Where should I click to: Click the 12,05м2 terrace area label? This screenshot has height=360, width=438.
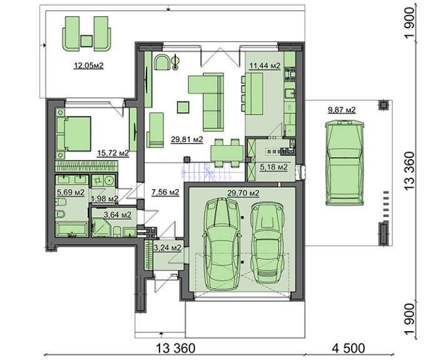pos(89,66)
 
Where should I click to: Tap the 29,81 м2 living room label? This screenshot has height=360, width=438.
pos(187,140)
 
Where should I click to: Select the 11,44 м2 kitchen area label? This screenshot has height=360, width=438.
pos(265,66)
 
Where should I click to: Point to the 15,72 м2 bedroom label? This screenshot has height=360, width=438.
pos(113,153)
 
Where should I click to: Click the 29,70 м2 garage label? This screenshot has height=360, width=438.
pos(243,193)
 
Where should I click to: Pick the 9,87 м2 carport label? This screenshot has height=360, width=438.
pos(342,110)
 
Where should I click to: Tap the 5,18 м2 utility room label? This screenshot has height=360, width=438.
pos(274,167)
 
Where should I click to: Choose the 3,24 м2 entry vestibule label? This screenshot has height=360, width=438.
pos(168,248)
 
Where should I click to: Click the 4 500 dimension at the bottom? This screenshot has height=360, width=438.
pos(349,348)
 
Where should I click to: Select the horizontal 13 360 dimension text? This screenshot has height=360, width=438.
pos(175,348)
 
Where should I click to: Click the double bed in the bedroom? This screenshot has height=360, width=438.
pos(74,134)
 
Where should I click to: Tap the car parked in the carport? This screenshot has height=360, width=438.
pos(345,163)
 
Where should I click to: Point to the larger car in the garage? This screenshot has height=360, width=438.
pos(222,244)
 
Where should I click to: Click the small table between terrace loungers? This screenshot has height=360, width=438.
pos(86,41)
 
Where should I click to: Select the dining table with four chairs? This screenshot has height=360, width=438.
pos(227,153)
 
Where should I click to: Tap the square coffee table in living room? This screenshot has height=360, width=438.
pos(183,107)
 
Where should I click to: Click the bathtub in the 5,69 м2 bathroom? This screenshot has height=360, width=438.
pos(73,230)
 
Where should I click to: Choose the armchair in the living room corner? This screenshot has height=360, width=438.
pos(162,62)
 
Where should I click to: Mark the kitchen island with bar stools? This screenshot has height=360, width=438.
pos(252,94)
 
